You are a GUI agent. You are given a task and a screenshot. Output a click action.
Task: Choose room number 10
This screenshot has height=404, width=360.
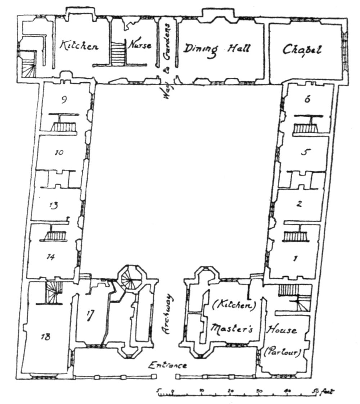pos(59,153)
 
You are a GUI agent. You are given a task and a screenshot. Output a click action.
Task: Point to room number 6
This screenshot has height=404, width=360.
pos(307,100)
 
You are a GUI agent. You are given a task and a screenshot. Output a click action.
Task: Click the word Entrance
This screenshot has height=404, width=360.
pos(168,366)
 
